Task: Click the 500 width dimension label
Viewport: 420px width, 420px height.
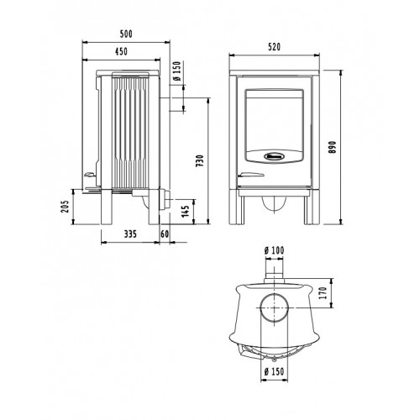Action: coord(126,34)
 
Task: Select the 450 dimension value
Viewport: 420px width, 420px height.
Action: coord(121,51)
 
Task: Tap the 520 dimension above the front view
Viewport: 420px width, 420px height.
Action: coord(274,47)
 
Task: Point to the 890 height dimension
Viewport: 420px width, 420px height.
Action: coord(333,147)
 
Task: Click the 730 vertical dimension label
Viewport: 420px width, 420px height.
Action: coord(199,160)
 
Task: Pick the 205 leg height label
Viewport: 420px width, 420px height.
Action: coord(65,207)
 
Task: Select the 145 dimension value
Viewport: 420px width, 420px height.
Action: coord(186,212)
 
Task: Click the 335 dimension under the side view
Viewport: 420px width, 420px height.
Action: coord(130,234)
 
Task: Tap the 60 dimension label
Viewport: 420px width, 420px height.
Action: coord(165,234)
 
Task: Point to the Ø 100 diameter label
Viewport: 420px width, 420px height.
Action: coord(274,250)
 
